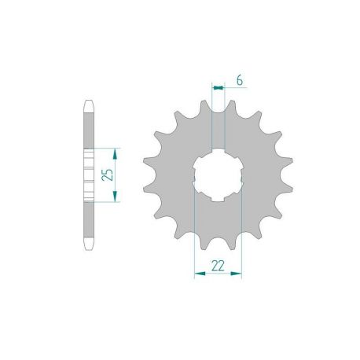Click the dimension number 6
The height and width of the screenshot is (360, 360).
pyautogui.click(x=238, y=81)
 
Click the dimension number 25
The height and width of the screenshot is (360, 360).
pyautogui.click(x=110, y=174)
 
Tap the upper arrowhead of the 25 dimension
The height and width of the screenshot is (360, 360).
pyautogui.click(x=116, y=149)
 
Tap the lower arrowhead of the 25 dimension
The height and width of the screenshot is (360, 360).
pyautogui.click(x=116, y=200)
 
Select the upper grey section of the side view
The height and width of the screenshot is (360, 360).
pyautogui.click(x=90, y=126)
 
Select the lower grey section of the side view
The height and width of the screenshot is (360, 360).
pyautogui.click(x=90, y=224)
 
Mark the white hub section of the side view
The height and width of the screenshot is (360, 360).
pyautogui.click(x=90, y=174)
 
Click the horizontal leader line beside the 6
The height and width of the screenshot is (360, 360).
pyautogui.click(x=230, y=88)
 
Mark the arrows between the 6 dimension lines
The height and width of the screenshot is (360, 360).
pyautogui.click(x=219, y=88)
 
